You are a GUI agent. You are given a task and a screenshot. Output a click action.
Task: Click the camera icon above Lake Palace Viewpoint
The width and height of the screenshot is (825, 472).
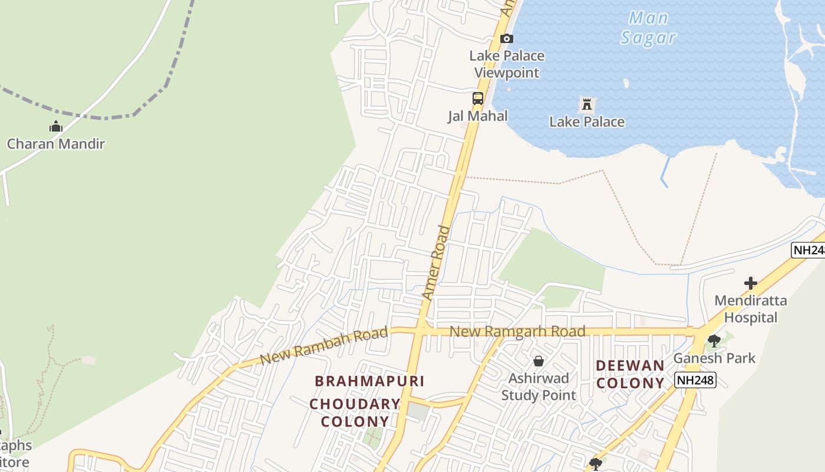[x=506, y=39]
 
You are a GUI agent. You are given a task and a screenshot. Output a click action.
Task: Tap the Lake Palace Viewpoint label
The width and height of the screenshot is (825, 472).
[x=507, y=64]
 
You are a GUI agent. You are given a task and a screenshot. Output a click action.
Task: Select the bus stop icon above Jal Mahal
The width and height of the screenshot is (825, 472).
[x=477, y=99]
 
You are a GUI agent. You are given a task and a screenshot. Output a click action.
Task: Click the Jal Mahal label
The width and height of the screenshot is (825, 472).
[x=477, y=116]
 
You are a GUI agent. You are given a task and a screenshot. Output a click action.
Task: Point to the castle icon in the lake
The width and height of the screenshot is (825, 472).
[x=586, y=105]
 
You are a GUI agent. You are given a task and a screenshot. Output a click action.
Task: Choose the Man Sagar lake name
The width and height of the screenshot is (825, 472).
[x=648, y=28]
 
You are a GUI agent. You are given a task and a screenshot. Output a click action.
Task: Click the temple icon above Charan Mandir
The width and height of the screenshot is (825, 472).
[x=56, y=126]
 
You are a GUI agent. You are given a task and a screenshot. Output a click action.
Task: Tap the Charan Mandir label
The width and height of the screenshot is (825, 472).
[x=56, y=143]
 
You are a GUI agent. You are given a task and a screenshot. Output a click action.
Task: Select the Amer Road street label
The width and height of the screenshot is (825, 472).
[x=437, y=263]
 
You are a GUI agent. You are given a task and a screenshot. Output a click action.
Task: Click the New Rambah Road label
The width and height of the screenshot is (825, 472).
[x=324, y=346]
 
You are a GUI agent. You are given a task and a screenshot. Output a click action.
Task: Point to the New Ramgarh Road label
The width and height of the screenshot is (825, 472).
[x=517, y=332]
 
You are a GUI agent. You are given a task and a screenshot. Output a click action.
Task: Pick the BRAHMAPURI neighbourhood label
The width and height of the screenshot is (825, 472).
[x=369, y=381]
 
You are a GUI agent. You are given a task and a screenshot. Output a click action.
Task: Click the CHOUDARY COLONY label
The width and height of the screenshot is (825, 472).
[x=355, y=413]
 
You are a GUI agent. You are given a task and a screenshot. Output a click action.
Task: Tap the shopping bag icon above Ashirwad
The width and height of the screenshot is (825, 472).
[x=538, y=361]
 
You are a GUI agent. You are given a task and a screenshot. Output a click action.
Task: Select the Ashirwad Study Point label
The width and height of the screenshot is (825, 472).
[x=539, y=386]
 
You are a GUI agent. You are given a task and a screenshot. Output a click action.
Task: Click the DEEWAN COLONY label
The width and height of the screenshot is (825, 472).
[x=630, y=374]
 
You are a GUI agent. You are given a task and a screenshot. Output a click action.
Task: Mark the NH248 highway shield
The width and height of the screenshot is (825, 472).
[x=696, y=380]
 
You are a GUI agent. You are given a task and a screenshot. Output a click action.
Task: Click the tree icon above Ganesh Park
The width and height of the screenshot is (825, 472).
[x=714, y=340]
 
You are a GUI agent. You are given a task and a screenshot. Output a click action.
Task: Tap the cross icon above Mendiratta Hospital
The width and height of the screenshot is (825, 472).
[x=750, y=283]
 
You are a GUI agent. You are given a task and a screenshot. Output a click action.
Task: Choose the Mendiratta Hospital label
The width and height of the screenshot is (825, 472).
[x=750, y=309]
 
